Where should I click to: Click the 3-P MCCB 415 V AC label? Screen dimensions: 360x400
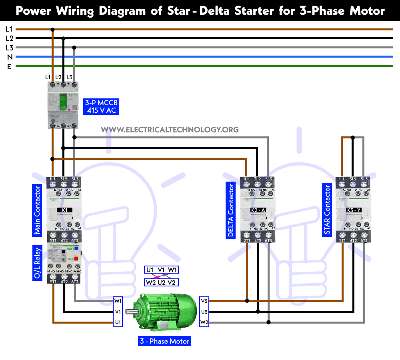tap(100, 106)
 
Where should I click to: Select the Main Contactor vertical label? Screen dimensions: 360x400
tap(37, 209)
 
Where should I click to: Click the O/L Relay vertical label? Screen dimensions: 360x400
tap(37, 263)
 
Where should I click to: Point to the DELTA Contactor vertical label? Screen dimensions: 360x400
tap(230, 210)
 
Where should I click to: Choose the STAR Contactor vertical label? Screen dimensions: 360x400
tap(327, 209)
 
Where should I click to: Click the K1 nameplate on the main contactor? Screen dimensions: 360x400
tap(64, 210)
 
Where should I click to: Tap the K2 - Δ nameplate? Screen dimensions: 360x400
tap(258, 210)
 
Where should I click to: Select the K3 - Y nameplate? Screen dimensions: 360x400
tap(353, 210)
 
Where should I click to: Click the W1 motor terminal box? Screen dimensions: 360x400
tap(118, 301)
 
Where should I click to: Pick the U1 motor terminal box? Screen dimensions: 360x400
tap(118, 322)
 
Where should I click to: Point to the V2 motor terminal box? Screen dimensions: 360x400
tap(204, 301)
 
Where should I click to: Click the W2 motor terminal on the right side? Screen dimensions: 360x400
tap(204, 322)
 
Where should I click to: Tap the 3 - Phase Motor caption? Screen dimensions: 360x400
tap(164, 341)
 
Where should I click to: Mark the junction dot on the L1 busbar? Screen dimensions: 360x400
tap(52, 29)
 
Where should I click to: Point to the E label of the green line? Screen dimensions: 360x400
tap(9, 67)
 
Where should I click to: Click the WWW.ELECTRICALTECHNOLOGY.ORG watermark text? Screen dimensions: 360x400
tap(170, 129)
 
